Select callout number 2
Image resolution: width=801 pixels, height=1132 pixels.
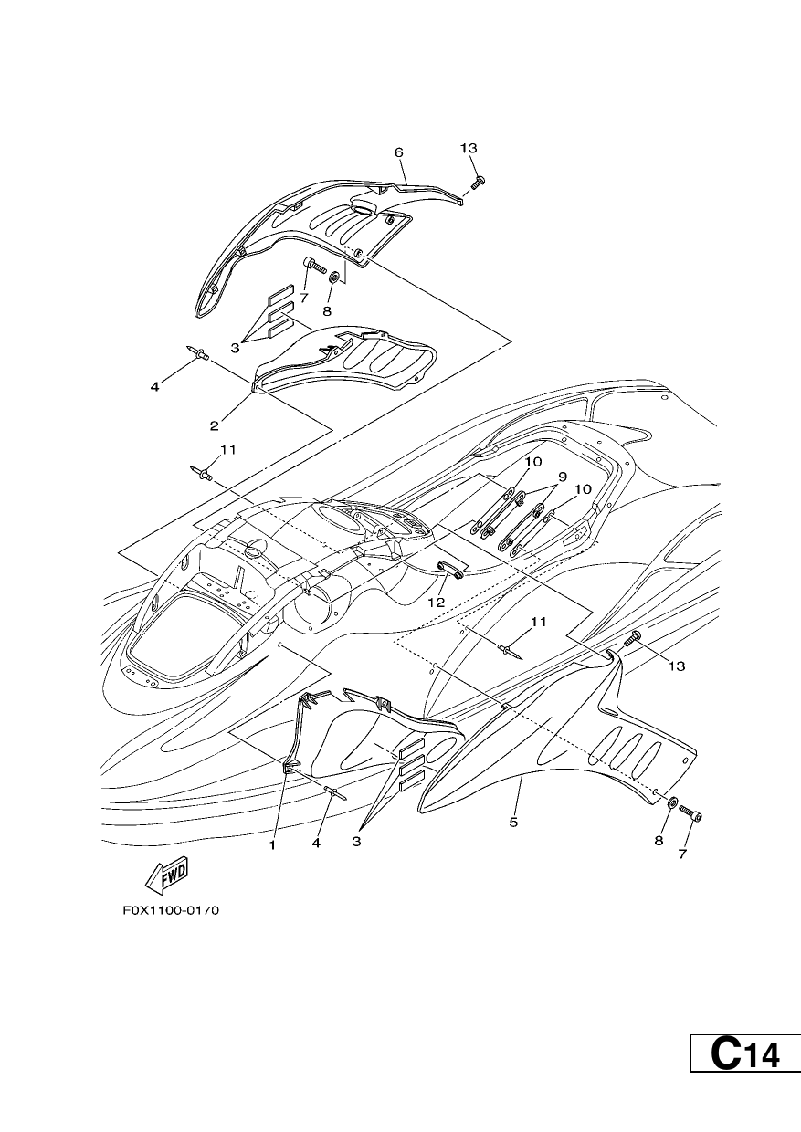215,426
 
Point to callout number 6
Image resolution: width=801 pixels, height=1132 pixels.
398,152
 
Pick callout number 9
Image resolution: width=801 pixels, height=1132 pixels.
563,477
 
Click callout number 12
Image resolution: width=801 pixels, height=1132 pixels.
437,602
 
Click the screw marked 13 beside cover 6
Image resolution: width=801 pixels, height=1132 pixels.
478,182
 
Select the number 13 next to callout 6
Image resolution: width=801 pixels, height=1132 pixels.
469,148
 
